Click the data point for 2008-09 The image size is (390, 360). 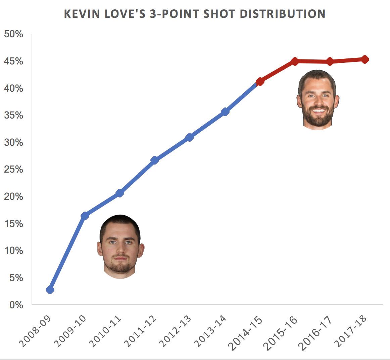(50, 289)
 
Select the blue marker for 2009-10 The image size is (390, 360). (85, 216)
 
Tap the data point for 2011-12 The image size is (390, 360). (155, 160)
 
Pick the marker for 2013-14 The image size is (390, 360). (225, 112)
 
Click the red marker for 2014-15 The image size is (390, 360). (260, 81)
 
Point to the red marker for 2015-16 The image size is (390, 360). (295, 61)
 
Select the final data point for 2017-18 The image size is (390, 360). (365, 59)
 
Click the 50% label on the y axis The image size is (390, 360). (13, 34)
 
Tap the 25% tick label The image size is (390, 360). (13, 170)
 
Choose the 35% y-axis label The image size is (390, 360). (13, 116)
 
